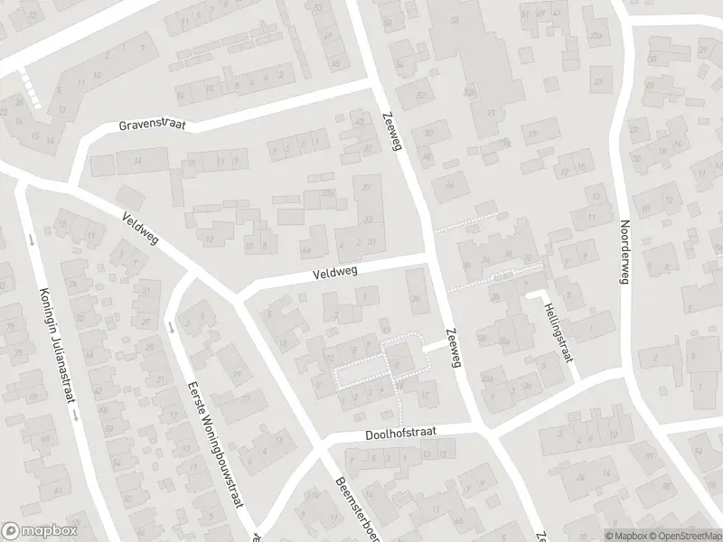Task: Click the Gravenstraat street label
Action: click(x=152, y=125)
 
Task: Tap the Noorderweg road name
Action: click(x=623, y=253)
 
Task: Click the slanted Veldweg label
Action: click(x=147, y=230)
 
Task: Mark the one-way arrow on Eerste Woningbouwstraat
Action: click(x=171, y=327)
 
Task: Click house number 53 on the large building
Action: click(x=453, y=19)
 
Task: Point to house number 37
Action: click(x=366, y=187)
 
